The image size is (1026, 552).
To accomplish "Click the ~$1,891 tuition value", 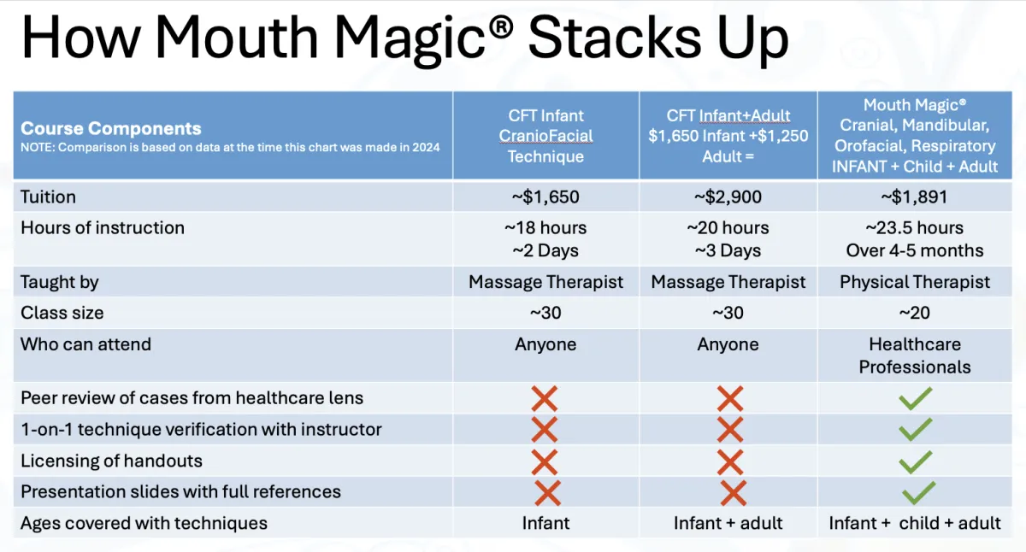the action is tap(914, 197).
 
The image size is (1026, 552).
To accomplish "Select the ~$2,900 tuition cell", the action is tap(728, 197).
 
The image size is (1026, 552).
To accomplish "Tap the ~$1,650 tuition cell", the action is tap(545, 197).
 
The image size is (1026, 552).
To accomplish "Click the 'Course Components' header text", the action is tap(111, 129).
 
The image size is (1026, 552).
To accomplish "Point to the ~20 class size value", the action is tap(914, 313).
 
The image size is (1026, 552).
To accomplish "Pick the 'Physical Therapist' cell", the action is tap(915, 282).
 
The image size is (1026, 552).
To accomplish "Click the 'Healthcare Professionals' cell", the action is tap(915, 355).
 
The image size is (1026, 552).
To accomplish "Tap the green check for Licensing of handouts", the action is tap(915, 461).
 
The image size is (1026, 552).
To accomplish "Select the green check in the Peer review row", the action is tap(915, 398).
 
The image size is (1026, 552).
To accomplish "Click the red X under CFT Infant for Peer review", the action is tap(545, 398).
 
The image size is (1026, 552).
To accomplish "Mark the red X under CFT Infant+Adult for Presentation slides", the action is tap(734, 493).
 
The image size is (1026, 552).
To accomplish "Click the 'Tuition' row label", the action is tap(48, 197).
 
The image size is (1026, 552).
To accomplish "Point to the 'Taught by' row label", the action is tap(60, 282).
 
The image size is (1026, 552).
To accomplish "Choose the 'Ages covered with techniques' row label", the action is tap(144, 523).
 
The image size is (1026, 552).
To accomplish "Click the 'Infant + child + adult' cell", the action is tap(915, 523).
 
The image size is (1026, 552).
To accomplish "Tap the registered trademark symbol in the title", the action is tap(501, 27).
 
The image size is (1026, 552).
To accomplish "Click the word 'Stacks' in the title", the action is tap(615, 37).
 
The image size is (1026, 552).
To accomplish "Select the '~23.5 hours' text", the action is tap(914, 227).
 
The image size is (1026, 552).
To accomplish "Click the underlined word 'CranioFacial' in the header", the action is tap(545, 136).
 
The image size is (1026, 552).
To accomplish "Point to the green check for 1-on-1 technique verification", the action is tap(915, 429).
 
